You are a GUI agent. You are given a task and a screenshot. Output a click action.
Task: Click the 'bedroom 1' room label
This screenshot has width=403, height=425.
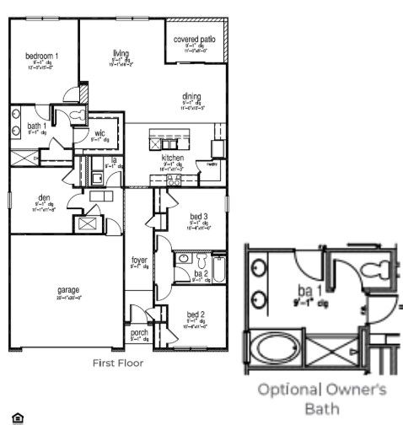tap(41, 56)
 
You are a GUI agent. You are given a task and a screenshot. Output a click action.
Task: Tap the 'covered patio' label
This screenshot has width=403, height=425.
tap(194, 40)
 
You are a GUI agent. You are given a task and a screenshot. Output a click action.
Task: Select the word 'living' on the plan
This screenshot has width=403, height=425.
tap(121, 53)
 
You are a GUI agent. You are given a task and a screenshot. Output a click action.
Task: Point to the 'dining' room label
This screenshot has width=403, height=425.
tap(191, 97)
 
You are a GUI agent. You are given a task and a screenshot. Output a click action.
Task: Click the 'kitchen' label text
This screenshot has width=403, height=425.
tap(173, 158)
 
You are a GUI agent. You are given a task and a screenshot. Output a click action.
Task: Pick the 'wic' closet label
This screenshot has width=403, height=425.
tap(99, 133)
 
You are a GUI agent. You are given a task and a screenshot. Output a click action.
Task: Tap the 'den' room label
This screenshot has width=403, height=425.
tap(45, 197)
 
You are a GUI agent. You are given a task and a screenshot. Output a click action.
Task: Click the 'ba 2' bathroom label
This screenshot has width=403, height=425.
tap(200, 274)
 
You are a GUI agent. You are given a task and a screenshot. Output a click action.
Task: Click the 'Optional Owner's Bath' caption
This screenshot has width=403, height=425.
tap(321, 398)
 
